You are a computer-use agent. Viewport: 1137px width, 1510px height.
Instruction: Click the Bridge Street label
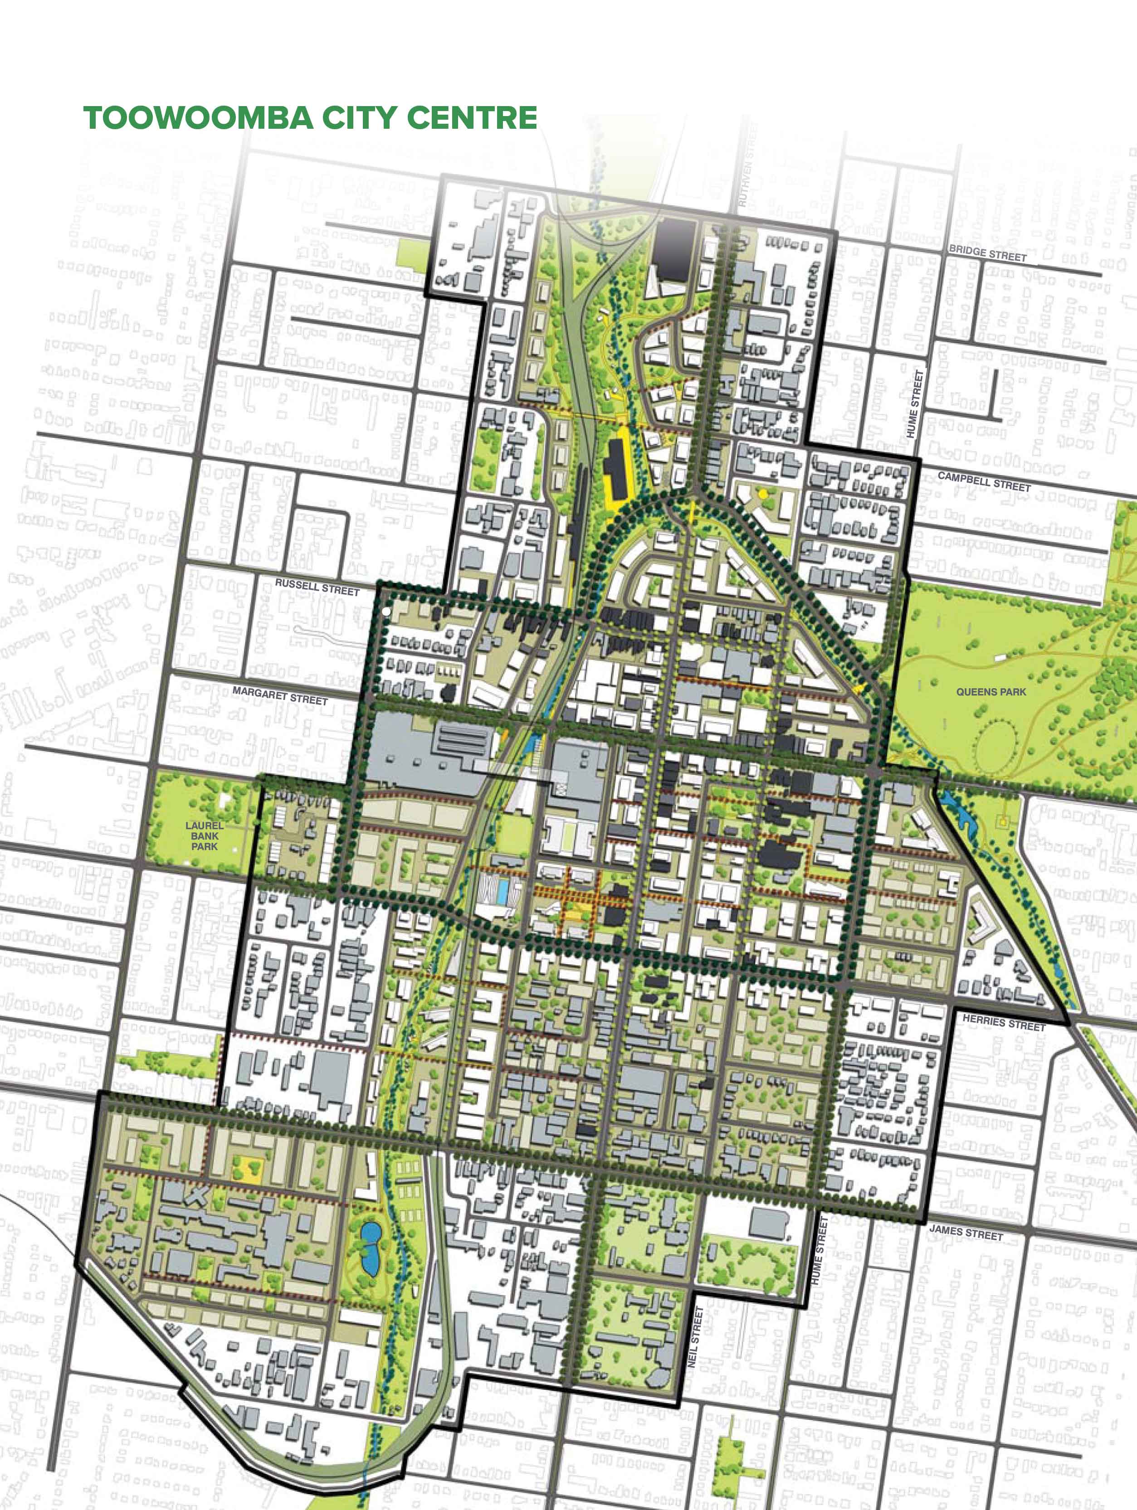(987, 254)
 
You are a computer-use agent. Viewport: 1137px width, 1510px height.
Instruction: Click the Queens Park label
(991, 691)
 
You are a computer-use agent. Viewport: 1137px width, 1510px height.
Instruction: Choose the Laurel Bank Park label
(204, 835)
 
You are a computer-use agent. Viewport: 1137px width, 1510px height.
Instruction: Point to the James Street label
(966, 1229)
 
